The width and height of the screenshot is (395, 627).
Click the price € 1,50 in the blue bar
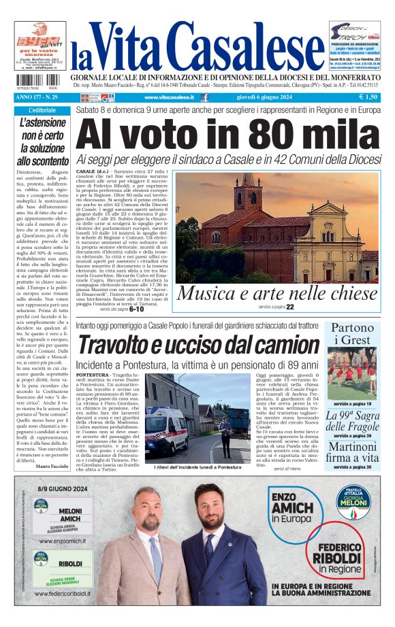tap(368, 97)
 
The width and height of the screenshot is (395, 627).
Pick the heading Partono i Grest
tap(352, 335)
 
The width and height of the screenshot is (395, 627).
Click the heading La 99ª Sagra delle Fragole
tap(352, 422)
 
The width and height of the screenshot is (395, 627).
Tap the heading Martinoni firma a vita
tap(352, 453)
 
